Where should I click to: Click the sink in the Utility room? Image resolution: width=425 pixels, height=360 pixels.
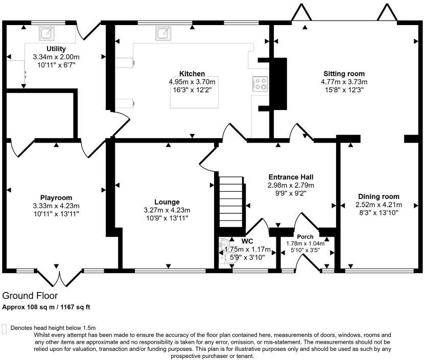coord(46,33)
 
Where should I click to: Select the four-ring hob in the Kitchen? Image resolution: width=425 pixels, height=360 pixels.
coord(260,83)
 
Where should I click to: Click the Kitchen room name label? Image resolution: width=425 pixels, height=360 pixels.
coord(192,74)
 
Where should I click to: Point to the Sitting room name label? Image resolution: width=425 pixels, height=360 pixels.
coord(344,74)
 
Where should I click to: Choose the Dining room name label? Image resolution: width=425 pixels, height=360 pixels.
coord(379,196)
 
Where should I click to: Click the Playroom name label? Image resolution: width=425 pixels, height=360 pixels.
coord(56,198)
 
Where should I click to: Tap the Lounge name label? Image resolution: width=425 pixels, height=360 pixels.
coord(167,202)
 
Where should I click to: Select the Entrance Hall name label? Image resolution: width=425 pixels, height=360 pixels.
coord(291,177)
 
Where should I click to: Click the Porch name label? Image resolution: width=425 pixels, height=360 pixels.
coord(305,237)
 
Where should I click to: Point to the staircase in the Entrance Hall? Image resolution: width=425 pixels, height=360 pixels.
coord(231,201)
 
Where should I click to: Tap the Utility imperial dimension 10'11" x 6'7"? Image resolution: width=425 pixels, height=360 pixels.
coord(56,65)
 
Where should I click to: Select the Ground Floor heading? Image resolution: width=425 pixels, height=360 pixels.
coord(30,296)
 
